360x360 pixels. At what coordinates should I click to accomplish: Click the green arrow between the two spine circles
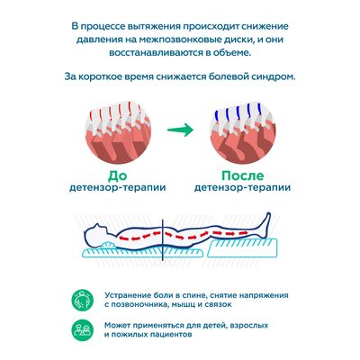click(x=180, y=130)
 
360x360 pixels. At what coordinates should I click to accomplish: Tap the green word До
click(x=118, y=175)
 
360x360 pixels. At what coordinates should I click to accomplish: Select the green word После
click(x=243, y=175)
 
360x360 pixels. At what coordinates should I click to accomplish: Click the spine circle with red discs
click(x=118, y=132)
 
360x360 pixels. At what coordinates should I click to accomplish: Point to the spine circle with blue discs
click(x=242, y=132)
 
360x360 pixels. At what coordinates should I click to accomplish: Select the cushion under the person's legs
click(x=242, y=247)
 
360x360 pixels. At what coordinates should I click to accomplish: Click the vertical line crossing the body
click(x=162, y=240)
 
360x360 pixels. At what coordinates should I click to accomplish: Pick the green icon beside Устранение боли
click(x=83, y=300)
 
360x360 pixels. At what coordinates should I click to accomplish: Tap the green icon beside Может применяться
click(x=83, y=329)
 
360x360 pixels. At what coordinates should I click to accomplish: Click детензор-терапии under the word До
click(x=118, y=188)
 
